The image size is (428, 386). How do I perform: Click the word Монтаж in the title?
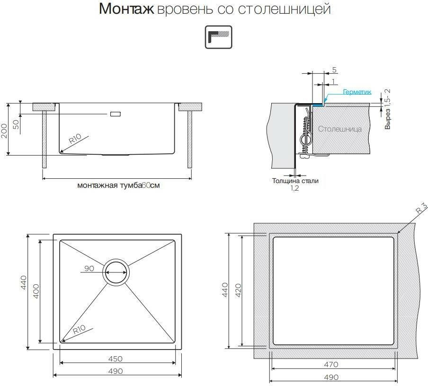[126, 9]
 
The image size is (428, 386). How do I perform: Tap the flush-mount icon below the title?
[218, 37]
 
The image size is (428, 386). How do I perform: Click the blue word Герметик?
[357, 93]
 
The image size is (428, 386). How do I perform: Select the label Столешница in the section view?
[340, 129]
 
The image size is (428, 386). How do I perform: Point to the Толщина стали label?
[295, 181]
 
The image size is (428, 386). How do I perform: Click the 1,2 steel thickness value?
[295, 188]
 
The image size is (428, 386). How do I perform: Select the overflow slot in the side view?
[115, 114]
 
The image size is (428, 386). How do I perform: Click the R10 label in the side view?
[76, 140]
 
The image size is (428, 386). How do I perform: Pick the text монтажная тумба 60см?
[118, 185]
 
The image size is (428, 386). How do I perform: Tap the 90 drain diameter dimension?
[89, 268]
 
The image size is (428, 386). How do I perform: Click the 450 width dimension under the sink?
[116, 359]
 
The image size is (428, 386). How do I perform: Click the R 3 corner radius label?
[421, 208]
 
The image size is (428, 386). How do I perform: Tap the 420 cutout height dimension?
[238, 289]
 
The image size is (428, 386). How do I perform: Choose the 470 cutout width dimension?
[331, 365]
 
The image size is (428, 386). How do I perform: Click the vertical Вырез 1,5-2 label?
[388, 110]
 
